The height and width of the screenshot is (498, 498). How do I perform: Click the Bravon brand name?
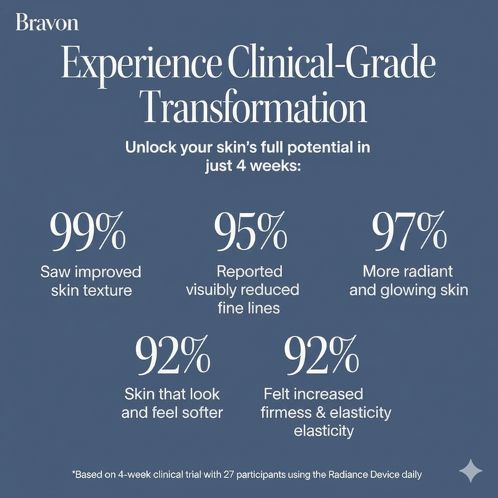(47, 23)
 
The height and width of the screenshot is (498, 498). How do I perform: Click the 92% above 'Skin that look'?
(172, 355)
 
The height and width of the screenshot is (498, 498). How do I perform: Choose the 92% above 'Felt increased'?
(321, 355)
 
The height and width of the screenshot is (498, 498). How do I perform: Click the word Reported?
(249, 271)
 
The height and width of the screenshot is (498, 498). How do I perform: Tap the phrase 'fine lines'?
(249, 307)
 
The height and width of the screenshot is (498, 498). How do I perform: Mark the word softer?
(199, 412)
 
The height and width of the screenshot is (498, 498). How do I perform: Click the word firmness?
(289, 412)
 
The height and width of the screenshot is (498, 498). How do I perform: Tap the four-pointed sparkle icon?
(471, 471)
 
